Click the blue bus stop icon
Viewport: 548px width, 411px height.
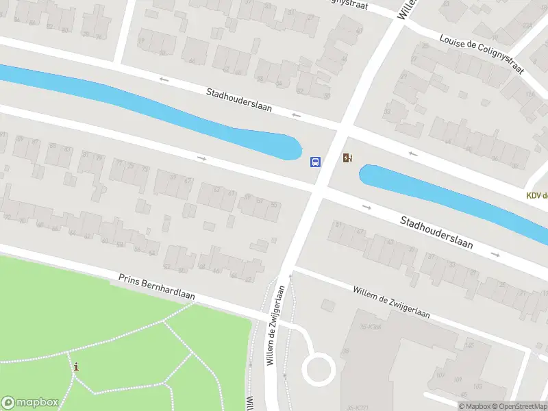315,162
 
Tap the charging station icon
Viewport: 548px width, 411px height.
348,159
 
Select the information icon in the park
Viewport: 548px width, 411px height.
76,367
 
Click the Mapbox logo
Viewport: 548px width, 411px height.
30,403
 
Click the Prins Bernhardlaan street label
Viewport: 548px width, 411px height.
156,286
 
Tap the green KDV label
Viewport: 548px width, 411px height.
537,196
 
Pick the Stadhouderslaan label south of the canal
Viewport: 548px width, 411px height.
436,234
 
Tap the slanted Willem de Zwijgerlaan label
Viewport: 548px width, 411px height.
391,302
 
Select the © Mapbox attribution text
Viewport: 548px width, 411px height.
475,406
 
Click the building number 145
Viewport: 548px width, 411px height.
469,345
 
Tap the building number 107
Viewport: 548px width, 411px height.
439,375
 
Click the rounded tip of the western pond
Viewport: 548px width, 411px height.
296,147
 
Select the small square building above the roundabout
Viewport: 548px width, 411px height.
328,306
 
